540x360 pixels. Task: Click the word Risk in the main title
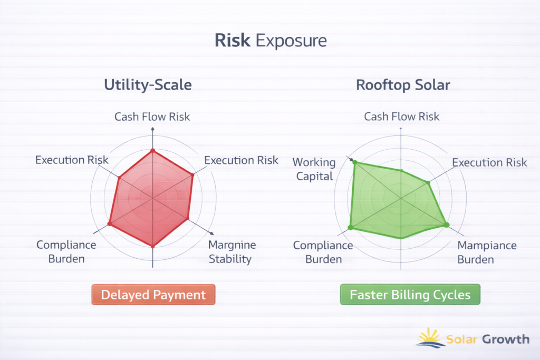pos(233,40)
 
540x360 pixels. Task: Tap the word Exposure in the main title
pos(291,41)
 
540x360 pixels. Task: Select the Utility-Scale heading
pos(148,85)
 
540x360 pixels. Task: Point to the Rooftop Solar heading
pos(403,85)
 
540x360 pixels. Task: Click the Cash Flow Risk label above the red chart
pos(152,116)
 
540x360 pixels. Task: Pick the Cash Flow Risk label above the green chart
pos(401,116)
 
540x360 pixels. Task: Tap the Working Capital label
pos(314,169)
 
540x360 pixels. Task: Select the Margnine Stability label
pos(232,252)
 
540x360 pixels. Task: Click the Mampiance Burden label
pos(487,252)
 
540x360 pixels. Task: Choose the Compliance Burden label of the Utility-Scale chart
pos(66,252)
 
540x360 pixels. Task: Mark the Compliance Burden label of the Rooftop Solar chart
pos(323,252)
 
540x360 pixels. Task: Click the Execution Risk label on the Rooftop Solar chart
pos(489,162)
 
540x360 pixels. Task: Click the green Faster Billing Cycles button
pos(410,295)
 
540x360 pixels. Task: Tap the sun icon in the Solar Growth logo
pos(430,338)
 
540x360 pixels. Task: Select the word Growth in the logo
pos(506,339)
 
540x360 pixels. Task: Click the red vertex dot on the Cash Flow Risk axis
pos(153,151)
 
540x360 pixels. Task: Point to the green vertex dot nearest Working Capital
pos(355,162)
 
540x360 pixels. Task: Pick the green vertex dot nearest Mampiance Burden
pos(447,225)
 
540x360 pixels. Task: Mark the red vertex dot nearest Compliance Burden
pos(110,223)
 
